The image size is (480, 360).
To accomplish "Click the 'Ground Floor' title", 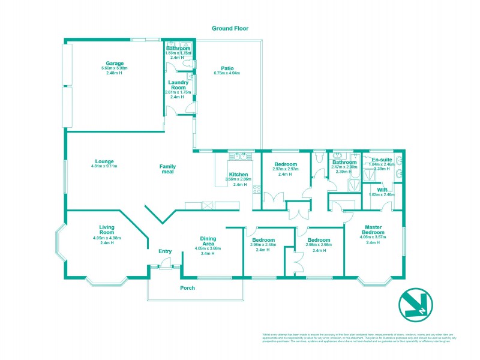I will (x=230, y=28).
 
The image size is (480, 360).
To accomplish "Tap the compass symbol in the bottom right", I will (x=415, y=305).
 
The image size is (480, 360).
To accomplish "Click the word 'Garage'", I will (x=115, y=63).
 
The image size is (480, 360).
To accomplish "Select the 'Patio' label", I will (x=226, y=68).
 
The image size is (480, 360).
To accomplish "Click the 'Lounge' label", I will (x=104, y=161).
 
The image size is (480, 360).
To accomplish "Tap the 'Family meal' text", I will (x=167, y=169).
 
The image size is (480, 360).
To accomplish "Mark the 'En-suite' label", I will (x=381, y=160).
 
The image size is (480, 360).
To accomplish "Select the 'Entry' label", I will (x=165, y=251).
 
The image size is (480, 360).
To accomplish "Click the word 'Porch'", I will (x=188, y=287).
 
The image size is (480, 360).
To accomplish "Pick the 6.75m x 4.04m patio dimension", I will (x=226, y=73).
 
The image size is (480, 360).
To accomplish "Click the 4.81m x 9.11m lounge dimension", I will (x=104, y=166).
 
